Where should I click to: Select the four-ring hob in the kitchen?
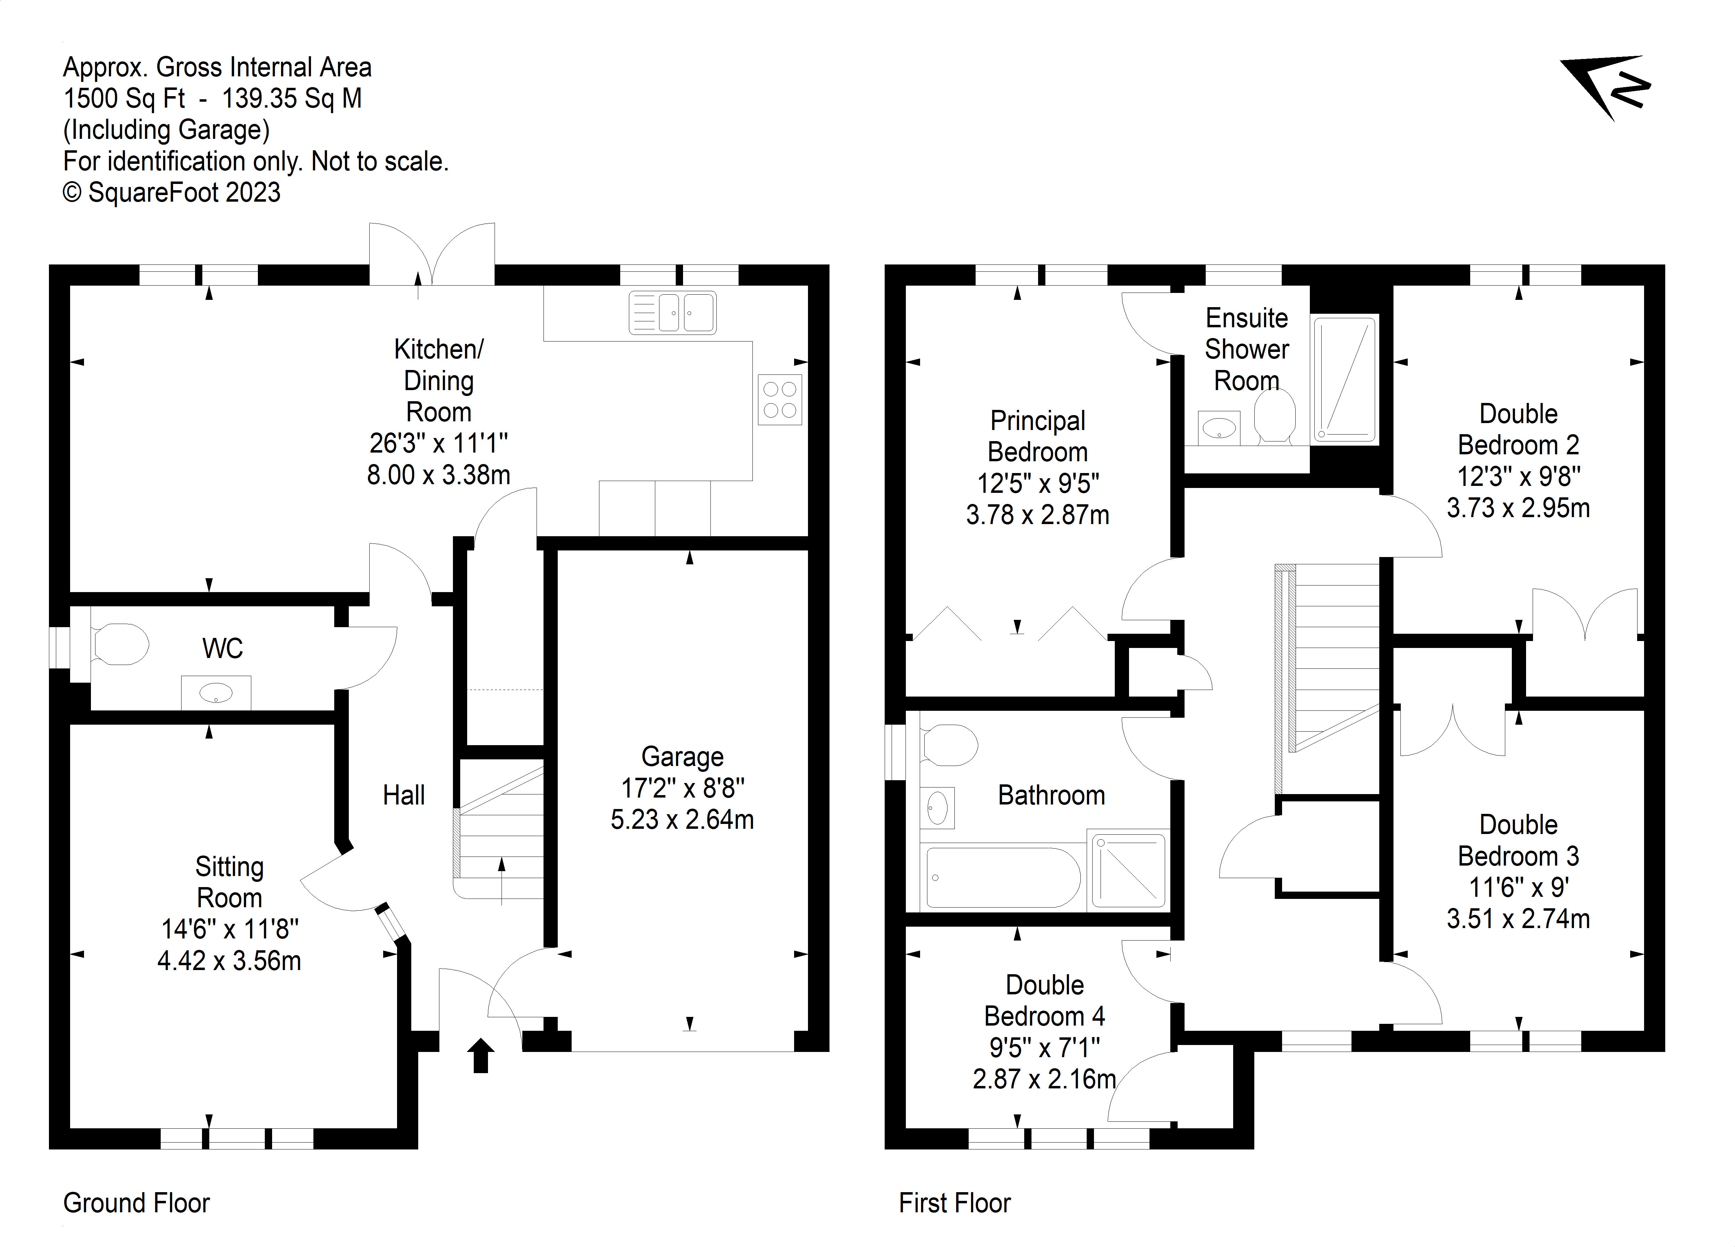780,399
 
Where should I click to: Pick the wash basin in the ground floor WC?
216,693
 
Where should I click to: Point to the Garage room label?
682,757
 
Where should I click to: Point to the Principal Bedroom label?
1037,436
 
